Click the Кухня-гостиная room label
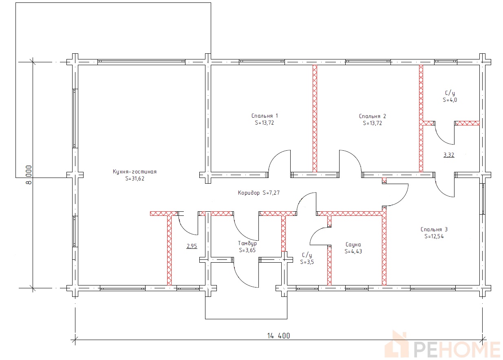coord(135,172)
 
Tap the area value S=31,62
coord(135,178)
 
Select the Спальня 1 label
coord(265,116)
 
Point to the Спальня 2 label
coord(372,116)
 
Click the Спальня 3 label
coord(434,229)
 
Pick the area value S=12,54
coord(434,237)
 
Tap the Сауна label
coord(353,244)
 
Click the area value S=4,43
coord(353,251)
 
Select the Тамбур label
coord(247,244)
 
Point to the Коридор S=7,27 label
coord(259,193)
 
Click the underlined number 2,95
coord(192,246)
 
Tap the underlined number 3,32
coord(449,155)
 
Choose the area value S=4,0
coord(450,100)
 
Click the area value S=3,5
coord(307,262)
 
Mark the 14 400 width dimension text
coord(278,336)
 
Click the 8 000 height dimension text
coord(29,175)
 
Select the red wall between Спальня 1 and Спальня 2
coord(315,119)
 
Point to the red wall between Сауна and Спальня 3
coord(384,246)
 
